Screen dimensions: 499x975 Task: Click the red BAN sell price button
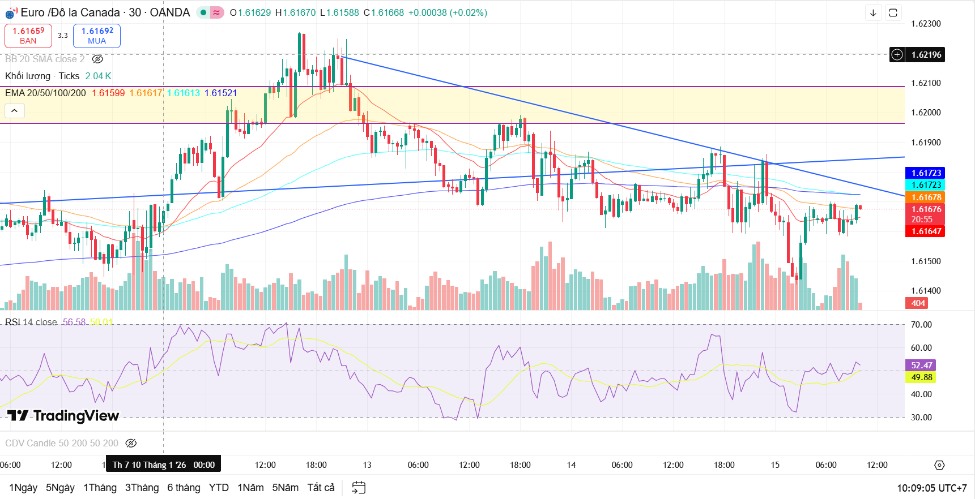click(x=28, y=36)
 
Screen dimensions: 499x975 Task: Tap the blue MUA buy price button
click(x=97, y=36)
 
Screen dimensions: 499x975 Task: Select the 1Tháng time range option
click(x=100, y=488)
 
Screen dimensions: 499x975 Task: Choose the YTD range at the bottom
click(x=219, y=488)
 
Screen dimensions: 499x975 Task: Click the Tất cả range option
click(x=321, y=488)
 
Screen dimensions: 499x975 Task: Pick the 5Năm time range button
click(x=285, y=488)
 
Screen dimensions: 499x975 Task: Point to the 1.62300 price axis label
click(x=926, y=24)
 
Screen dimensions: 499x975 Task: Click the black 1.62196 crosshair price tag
click(x=926, y=55)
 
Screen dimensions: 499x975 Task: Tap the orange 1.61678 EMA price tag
click(x=926, y=197)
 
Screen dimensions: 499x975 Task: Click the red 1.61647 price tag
click(x=926, y=231)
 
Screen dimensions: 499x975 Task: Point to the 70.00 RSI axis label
click(x=921, y=325)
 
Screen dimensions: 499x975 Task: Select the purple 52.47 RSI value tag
click(x=922, y=365)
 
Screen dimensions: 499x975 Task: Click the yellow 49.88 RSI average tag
click(x=922, y=377)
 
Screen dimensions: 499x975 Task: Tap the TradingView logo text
click(x=63, y=416)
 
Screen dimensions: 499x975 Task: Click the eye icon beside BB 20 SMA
click(x=97, y=59)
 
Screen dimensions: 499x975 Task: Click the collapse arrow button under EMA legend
click(x=15, y=111)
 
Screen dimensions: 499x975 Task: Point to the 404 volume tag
click(x=918, y=303)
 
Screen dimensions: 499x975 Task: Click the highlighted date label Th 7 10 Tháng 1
click(x=163, y=465)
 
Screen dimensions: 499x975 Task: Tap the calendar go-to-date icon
click(x=359, y=488)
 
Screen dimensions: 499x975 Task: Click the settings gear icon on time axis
click(x=939, y=465)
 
